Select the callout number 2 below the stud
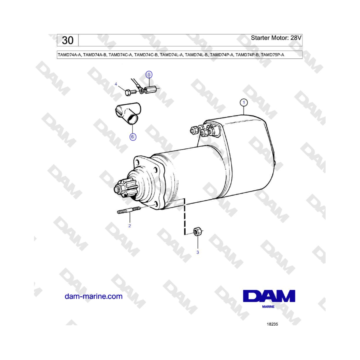pyautogui.click(x=130, y=226)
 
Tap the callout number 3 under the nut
pyautogui.click(x=197, y=252)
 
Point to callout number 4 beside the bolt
pyautogui.click(x=116, y=84)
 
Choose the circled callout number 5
pyautogui.click(x=149, y=74)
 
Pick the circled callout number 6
pyautogui.click(x=133, y=137)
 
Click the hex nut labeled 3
pyautogui.click(x=197, y=232)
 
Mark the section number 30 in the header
pyautogui.click(x=68, y=40)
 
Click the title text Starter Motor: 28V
pyautogui.click(x=276, y=38)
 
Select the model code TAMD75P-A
pyautogui.click(x=272, y=55)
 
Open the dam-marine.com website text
pyautogui.click(x=93, y=296)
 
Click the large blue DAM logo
pyautogui.click(x=269, y=296)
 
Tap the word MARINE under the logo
pyautogui.click(x=268, y=308)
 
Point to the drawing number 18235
pyautogui.click(x=272, y=324)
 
